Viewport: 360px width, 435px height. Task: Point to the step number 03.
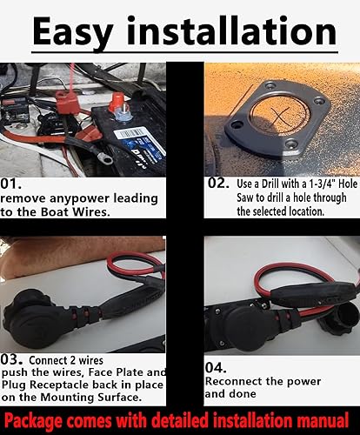[x=17, y=358]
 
